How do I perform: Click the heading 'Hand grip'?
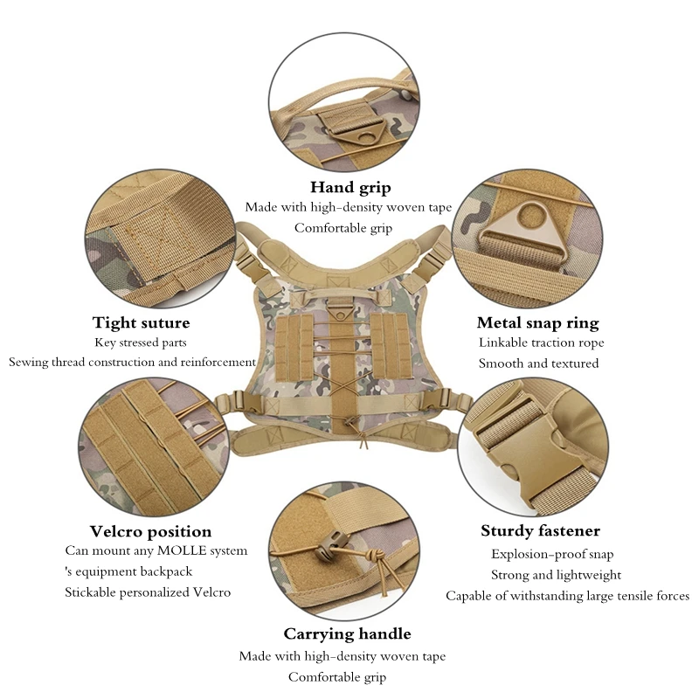350,187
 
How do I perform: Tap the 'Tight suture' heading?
141,323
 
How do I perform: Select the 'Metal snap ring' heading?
537,323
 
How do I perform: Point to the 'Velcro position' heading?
150,531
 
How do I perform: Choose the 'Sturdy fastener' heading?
540,531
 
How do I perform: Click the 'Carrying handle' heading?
347,633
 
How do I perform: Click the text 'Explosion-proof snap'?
552,554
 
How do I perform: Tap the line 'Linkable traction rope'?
541,343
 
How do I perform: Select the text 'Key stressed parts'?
141,343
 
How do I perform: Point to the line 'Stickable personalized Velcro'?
148,592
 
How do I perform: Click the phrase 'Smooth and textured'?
538,363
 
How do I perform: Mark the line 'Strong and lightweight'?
557,575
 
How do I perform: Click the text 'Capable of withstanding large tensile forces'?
567,596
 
